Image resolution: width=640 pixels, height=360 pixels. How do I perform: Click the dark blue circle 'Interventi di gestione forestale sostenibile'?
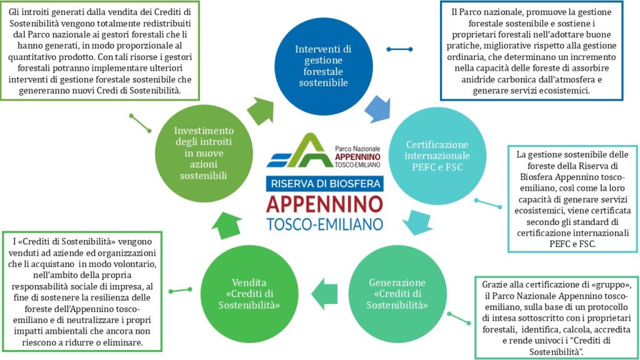[x=323, y=66]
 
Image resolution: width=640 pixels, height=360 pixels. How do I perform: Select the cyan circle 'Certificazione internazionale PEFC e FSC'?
[x=437, y=156]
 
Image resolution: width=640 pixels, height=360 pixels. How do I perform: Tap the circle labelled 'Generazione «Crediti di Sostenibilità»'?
[x=397, y=294]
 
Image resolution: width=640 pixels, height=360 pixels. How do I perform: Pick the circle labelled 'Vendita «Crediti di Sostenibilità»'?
[x=249, y=294]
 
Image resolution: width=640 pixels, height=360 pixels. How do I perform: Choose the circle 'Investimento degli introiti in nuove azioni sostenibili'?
[x=204, y=154]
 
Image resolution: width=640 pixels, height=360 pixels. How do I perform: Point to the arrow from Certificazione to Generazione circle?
[x=418, y=222]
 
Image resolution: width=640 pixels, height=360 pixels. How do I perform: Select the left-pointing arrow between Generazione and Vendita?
[x=324, y=294]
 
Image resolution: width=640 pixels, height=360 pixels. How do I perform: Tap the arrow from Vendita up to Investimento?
[x=226, y=225]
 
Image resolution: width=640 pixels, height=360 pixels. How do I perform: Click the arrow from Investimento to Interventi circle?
[x=261, y=111]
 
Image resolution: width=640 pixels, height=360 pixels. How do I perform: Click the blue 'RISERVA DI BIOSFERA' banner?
[x=325, y=184]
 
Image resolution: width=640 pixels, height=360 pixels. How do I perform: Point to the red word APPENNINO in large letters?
[x=325, y=204]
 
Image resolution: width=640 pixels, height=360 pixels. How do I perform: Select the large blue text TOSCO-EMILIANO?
[x=325, y=224]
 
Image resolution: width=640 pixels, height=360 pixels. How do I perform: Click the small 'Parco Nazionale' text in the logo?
[x=357, y=149]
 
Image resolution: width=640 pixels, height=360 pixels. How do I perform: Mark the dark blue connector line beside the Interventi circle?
[x=399, y=49]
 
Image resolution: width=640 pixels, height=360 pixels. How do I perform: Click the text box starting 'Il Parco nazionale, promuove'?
[x=531, y=51]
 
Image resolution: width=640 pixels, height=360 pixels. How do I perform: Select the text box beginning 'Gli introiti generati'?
[x=99, y=51]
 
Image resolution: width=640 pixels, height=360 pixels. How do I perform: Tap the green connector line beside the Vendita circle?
[x=181, y=290]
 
